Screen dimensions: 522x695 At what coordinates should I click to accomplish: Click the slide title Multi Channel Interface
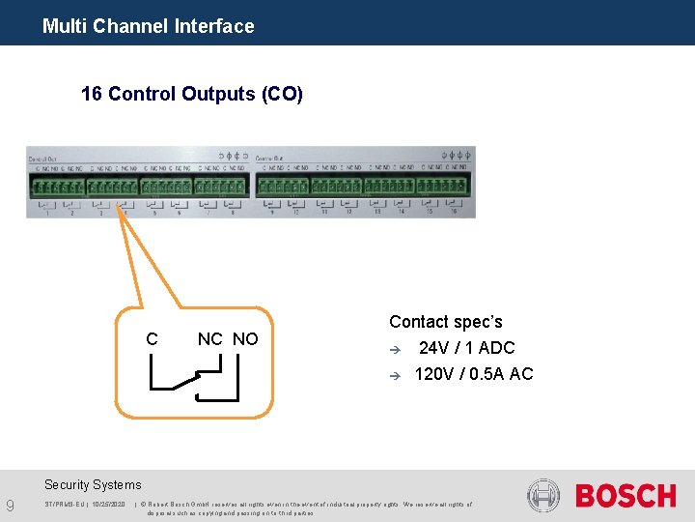148,26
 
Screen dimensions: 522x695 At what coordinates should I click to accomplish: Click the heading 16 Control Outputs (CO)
192,94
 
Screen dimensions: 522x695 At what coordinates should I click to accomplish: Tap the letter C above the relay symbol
152,339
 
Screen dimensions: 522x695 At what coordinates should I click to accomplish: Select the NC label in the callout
209,339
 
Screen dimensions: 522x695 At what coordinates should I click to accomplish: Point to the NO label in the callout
245,339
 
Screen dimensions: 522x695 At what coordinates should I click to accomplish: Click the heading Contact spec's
445,322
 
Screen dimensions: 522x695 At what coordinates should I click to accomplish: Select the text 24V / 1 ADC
466,348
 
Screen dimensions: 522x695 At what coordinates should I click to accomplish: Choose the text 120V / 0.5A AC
473,374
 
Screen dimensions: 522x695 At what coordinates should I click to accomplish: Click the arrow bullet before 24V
394,349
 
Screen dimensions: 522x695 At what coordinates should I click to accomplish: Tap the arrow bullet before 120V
394,375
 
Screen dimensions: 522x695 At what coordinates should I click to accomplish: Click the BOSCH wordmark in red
625,497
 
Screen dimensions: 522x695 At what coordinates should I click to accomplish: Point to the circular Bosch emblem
543,496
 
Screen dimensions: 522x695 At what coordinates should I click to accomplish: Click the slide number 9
10,506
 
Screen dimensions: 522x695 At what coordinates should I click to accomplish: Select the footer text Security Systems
93,485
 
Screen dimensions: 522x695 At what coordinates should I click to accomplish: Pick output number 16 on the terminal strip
453,212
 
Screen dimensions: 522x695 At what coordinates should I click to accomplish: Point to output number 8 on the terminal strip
233,212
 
